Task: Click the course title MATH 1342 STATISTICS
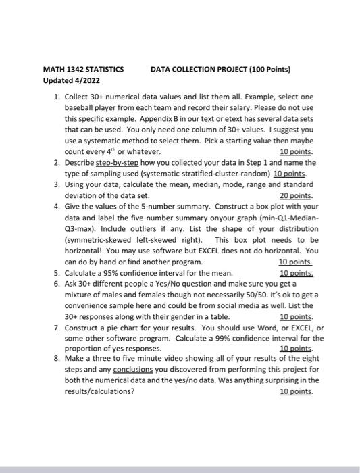coord(83,69)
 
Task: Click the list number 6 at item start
coord(55,284)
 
